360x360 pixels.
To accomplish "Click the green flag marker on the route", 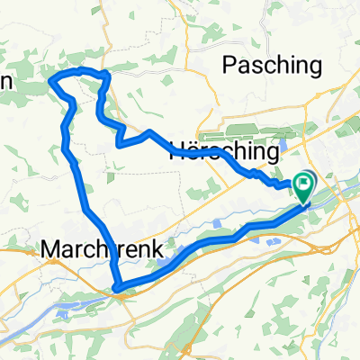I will pos(304,186).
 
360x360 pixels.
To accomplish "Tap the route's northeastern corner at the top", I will pos(106,74).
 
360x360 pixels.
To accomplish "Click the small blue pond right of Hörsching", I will pos(283,142).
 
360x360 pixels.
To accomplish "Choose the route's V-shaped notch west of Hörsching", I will pos(119,142).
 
